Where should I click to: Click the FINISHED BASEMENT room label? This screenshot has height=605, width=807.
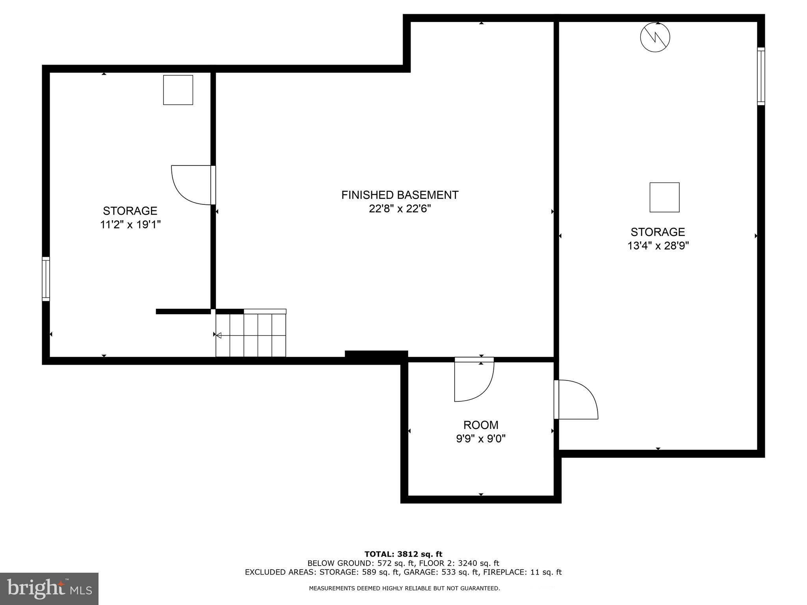coord(400,195)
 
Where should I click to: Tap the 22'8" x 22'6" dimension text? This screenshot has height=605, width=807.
coord(400,209)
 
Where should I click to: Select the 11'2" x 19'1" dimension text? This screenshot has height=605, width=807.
coord(130,225)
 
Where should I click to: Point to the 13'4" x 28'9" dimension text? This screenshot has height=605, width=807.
coord(658,246)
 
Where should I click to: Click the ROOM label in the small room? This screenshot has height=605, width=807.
coord(480,425)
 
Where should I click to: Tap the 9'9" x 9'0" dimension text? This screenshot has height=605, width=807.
coord(480,438)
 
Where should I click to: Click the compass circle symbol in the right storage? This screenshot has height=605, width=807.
coord(655,37)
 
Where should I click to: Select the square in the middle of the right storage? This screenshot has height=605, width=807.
coord(664,197)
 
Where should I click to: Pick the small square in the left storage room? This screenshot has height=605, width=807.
coord(178,90)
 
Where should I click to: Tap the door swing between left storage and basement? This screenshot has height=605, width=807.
coord(191,185)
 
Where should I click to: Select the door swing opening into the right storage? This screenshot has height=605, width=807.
coord(576,399)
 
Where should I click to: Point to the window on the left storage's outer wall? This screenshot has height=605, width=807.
coord(46,279)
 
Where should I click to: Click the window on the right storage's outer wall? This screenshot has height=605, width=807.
coord(761,76)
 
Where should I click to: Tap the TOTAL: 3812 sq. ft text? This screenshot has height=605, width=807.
coord(403,554)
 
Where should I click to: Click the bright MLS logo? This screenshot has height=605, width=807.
coord(49,588)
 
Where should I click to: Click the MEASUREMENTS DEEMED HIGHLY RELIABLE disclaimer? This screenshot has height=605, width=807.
coord(404,588)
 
